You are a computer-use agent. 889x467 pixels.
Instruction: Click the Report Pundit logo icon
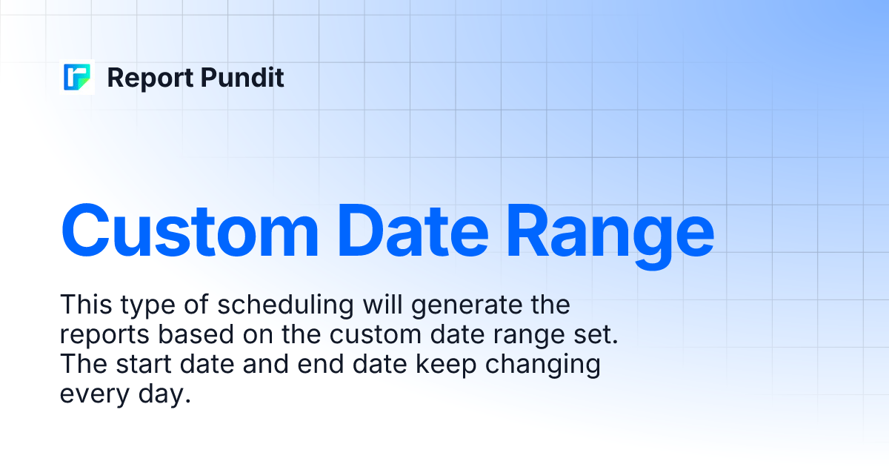[x=77, y=77]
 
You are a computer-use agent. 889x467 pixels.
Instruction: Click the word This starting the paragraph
[x=84, y=305]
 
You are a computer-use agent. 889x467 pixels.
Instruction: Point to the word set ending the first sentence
[x=597, y=335]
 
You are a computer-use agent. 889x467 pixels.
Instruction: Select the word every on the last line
[x=92, y=395]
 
